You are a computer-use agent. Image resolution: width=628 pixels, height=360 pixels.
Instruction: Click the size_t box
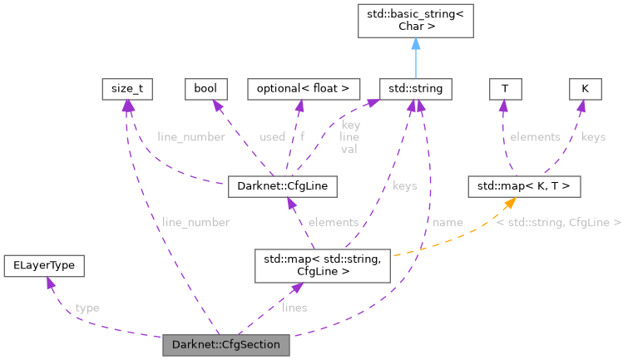pos(126,88)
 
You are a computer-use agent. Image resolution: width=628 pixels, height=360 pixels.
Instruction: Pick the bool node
pos(205,88)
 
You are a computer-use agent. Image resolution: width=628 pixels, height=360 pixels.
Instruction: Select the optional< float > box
pos(304,88)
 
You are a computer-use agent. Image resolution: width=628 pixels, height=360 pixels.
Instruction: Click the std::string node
pos(415,88)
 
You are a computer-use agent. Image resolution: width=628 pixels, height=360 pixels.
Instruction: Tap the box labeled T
pos(504,88)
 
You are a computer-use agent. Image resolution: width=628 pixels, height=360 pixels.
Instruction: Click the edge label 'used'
pos(272,136)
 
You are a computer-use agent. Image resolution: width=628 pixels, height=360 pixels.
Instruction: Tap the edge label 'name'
pos(448,223)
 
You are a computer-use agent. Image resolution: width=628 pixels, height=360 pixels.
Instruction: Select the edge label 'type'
pos(87,308)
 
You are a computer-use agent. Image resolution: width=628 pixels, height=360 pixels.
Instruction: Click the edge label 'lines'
pos(294,308)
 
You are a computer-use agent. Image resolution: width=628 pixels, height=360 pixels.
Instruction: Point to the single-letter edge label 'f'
pos(303,136)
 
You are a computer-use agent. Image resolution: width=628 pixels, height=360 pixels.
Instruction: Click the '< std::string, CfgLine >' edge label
pos(557,223)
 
